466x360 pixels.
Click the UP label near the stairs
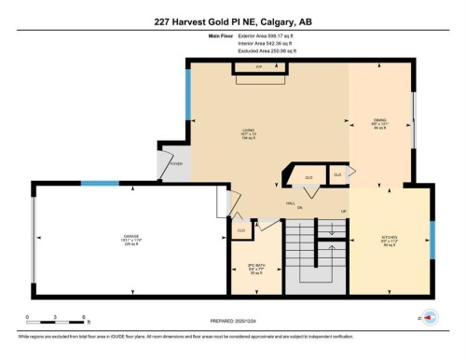click(x=344, y=212)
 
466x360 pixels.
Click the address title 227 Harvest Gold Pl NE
click(x=232, y=20)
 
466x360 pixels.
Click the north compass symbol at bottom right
click(x=430, y=317)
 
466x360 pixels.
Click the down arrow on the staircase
click(x=331, y=230)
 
